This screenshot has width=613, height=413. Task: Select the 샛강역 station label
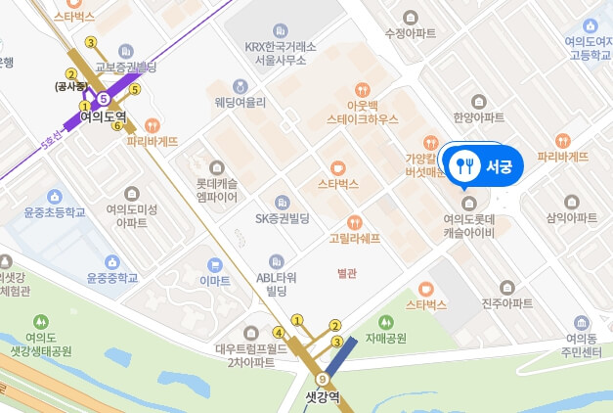(x=322, y=396)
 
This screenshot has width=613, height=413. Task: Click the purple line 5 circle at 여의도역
(x=103, y=98)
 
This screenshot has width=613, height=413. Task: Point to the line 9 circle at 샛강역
(x=322, y=379)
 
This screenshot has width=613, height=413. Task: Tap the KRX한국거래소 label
(x=282, y=46)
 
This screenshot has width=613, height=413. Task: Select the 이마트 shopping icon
(x=214, y=264)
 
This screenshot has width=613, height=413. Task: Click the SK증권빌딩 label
(x=282, y=218)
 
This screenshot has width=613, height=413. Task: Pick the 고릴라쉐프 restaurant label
(x=354, y=238)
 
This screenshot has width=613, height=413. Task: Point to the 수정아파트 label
(x=410, y=32)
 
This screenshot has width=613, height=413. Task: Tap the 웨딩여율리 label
(x=241, y=102)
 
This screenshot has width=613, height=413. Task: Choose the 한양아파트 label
(x=478, y=117)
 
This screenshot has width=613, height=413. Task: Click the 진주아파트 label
(x=505, y=304)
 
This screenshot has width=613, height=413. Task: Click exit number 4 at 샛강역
(x=279, y=332)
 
